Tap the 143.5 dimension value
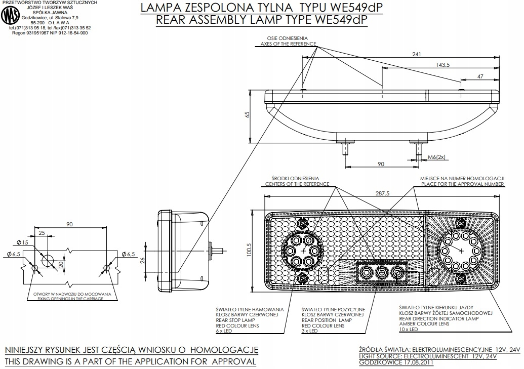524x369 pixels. click(444, 65)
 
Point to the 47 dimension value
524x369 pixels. click(480, 76)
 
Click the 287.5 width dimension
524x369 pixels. click(383, 193)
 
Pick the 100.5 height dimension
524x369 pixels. click(248, 250)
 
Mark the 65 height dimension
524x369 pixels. click(247, 115)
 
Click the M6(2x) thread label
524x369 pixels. click(436, 157)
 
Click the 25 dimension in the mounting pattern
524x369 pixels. click(42, 232)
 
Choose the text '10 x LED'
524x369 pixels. click(409, 330)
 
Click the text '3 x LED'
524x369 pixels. click(309, 331)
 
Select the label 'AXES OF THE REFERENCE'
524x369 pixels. click(288, 44)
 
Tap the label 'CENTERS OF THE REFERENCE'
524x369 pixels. click(297, 184)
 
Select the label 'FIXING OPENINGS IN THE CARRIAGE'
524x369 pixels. click(68, 299)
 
